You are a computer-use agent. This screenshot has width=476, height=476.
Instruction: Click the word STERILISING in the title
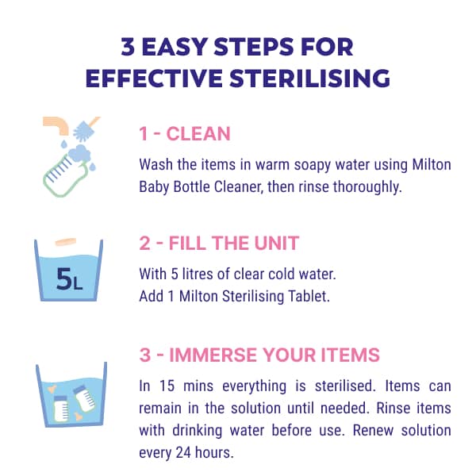pos(309,78)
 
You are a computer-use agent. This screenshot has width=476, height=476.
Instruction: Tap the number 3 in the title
pos(128,47)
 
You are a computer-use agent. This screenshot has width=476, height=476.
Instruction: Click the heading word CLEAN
pos(198,133)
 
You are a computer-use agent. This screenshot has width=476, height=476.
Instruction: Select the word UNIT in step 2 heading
pos(277,243)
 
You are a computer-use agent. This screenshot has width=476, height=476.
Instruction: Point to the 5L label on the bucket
pos(69,279)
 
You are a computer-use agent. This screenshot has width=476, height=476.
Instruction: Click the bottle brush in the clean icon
pos(86,129)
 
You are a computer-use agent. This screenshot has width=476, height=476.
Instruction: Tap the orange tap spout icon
pos(56,125)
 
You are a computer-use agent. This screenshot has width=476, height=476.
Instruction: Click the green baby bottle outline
pos(65,175)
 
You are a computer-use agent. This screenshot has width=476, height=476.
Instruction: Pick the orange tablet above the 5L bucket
pos(66,242)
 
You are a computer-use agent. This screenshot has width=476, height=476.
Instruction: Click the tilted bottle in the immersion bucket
pos(84,398)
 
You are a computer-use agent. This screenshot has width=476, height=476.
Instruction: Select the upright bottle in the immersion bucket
pos(61,409)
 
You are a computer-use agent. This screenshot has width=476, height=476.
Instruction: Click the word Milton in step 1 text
pos(432,164)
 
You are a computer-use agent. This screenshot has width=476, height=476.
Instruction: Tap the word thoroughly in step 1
pos(367,187)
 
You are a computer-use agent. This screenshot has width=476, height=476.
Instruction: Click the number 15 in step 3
pos(167,386)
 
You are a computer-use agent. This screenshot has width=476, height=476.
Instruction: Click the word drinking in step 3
pos(198,431)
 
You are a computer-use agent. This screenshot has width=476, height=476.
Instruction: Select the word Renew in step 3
pos(373,431)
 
